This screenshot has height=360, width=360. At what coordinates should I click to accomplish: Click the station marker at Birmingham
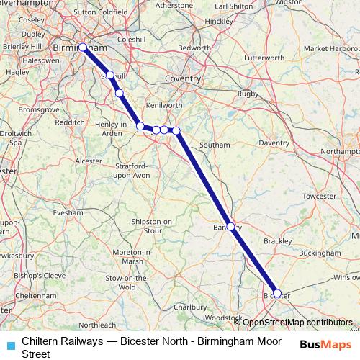[83, 48]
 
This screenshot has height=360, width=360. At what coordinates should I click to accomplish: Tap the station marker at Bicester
[277, 294]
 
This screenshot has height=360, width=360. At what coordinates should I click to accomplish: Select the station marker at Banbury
[230, 226]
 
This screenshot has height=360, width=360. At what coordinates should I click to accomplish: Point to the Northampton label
[338, 152]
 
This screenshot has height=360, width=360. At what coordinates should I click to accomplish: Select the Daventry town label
[274, 143]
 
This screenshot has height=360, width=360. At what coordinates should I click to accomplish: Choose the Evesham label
[68, 213]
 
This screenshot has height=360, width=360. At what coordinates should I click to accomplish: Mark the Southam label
[215, 145]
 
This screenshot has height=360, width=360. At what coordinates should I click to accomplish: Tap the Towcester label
[320, 196]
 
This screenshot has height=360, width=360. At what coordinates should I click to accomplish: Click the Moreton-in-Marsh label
[133, 256]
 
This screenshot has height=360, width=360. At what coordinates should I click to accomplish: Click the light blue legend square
[11, 344]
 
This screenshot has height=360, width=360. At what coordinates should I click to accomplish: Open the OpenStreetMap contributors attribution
[297, 323]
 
